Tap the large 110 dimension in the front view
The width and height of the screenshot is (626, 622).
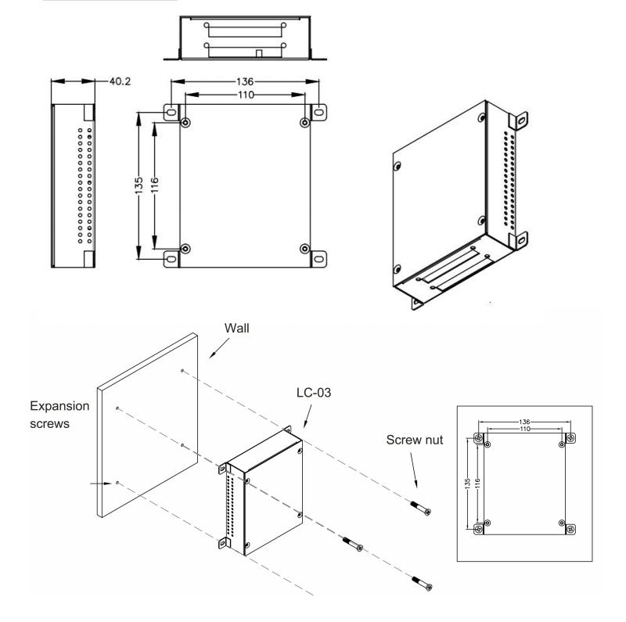245,93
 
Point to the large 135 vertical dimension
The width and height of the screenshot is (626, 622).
139,185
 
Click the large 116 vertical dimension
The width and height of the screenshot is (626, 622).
154,185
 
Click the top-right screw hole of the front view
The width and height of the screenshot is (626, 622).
304,123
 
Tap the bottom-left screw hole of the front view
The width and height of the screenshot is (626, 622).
185,249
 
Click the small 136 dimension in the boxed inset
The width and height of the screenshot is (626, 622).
523,422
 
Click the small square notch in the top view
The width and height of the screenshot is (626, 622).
259,53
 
